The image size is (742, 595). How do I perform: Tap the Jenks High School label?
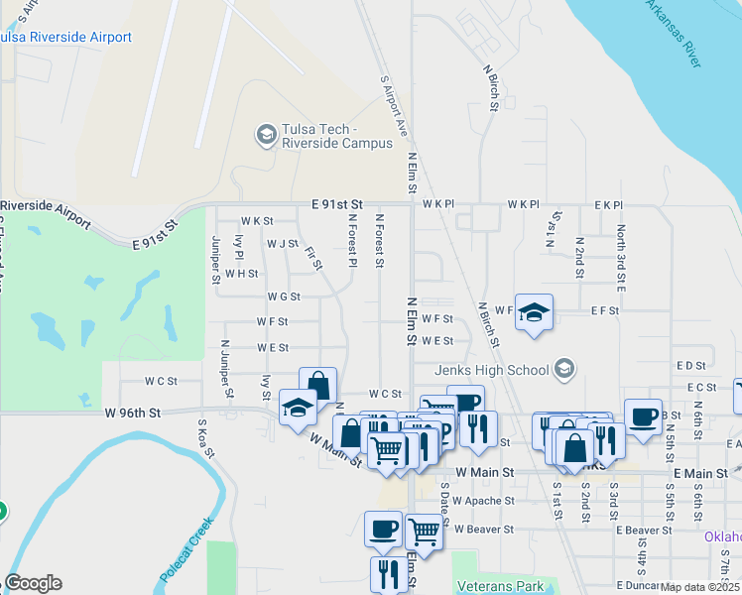(492, 370)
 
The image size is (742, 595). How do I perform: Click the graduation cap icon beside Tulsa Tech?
(266, 135)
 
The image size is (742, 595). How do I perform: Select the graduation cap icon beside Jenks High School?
(564, 370)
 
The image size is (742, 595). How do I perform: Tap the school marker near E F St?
(534, 313)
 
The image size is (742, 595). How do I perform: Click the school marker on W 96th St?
(298, 408)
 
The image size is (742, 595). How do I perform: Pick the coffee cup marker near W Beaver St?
(383, 530)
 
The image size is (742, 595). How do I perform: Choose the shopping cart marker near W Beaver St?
(424, 531)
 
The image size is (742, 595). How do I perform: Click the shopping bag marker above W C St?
(317, 385)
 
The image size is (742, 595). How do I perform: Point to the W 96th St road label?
(132, 413)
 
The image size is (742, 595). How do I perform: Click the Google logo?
(33, 583)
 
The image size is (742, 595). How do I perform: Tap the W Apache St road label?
(484, 502)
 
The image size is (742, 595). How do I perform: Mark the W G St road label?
(283, 297)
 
